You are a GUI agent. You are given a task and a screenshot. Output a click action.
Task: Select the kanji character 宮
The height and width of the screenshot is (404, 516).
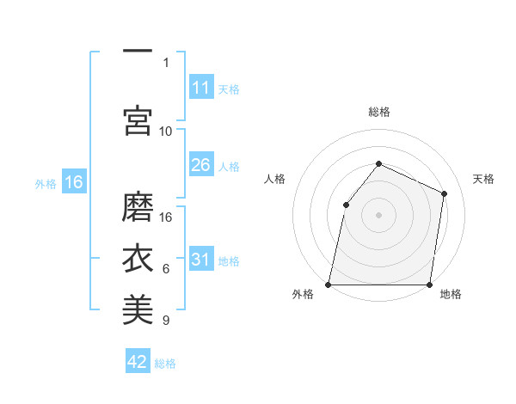pos(138,120)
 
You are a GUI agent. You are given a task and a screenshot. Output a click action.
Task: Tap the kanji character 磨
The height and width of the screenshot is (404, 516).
pos(138,207)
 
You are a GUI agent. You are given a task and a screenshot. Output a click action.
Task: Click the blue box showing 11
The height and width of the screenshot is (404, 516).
pos(200,88)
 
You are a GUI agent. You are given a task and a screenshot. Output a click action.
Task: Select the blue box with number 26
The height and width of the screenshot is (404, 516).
pos(200,165)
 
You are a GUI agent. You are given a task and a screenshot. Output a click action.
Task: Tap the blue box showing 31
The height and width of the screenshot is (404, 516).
pos(200,260)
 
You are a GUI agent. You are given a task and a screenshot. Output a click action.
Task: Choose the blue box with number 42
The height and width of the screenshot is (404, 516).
pos(138,362)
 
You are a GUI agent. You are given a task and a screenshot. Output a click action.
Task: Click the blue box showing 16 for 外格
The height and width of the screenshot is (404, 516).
pos(74,182)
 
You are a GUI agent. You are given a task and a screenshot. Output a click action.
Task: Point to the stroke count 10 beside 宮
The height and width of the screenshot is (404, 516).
pos(166,131)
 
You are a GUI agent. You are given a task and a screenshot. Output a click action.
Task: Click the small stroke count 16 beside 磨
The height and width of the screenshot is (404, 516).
pos(166,217)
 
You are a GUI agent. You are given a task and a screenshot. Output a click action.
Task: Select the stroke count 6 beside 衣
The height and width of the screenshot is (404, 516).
pos(166,269)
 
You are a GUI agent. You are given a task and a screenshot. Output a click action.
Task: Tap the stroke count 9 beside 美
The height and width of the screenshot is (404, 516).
pos(166,321)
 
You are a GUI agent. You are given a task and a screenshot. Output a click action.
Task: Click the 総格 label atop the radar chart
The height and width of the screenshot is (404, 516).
pos(378,112)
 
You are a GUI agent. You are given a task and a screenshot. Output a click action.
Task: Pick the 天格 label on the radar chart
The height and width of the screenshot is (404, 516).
pos(483,179)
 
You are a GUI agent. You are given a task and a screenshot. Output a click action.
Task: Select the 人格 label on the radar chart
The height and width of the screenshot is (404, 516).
pos(274,179)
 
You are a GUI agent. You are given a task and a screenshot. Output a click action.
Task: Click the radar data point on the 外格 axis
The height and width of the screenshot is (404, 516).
pos(329,284)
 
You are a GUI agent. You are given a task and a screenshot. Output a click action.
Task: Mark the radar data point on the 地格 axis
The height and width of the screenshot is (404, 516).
pos(429,284)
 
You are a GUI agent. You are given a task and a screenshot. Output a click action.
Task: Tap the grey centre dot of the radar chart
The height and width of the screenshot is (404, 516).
pos(378,214)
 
